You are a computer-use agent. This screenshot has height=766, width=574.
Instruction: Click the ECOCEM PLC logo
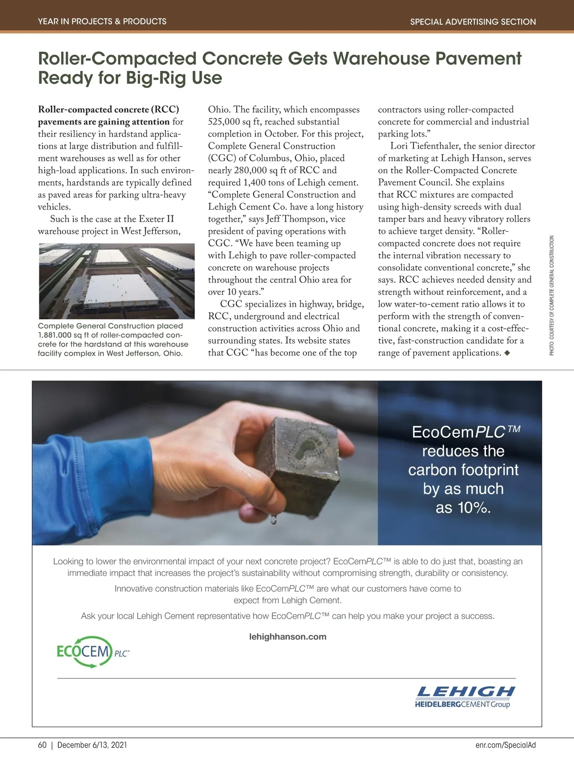pyautogui.click(x=92, y=652)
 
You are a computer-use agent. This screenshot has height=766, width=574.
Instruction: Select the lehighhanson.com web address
pyautogui.click(x=288, y=637)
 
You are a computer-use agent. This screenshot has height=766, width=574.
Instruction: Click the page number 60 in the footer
pyautogui.click(x=42, y=745)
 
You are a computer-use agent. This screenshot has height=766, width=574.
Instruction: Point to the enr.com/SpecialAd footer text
pyautogui.click(x=506, y=745)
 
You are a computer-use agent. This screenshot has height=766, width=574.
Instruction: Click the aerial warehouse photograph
pyautogui.click(x=116, y=281)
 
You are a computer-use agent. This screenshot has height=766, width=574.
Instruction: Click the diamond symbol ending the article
pyautogui.click(x=507, y=353)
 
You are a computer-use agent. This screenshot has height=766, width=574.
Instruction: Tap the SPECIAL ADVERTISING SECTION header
pyautogui.click(x=473, y=22)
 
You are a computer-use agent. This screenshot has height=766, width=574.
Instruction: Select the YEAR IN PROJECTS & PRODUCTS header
pyautogui.click(x=102, y=22)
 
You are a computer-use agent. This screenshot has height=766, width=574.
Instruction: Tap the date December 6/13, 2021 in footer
pyautogui.click(x=92, y=745)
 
